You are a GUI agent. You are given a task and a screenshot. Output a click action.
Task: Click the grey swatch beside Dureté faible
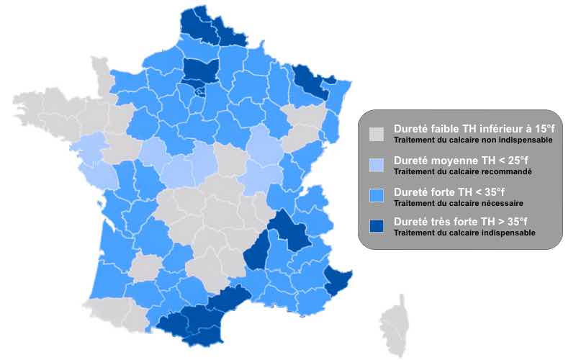pos(376,134)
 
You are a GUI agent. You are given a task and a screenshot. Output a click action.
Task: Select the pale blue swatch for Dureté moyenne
pos(376,166)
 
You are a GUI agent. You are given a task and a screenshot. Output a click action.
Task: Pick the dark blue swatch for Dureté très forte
pos(376,227)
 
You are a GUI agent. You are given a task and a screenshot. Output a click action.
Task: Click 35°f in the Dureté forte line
pos(490,192)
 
